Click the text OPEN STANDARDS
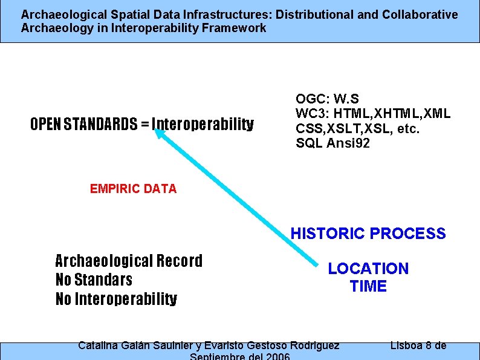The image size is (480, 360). click(x=83, y=125)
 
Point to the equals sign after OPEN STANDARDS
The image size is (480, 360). click(x=144, y=125)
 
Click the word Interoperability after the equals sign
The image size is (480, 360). click(x=203, y=125)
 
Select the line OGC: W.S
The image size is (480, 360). click(x=327, y=99)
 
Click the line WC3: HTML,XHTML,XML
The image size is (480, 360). click(x=372, y=114)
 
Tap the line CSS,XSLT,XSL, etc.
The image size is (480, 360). click(x=357, y=128)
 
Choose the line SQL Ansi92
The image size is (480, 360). click(x=332, y=143)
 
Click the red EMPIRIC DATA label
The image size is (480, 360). click(x=133, y=189)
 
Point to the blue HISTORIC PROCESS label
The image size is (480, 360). click(x=368, y=234)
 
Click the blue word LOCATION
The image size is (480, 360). click(x=368, y=269)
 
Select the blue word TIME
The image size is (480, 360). click(x=368, y=286)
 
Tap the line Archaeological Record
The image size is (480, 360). click(x=129, y=261)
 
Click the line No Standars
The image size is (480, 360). click(x=94, y=280)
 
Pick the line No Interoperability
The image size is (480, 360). click(x=116, y=299)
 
